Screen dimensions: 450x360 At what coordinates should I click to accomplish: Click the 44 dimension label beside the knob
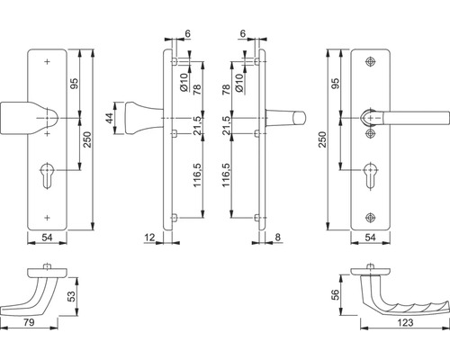pyautogui.click(x=110, y=118)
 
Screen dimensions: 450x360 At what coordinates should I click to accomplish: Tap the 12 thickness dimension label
pyautogui.click(x=149, y=238)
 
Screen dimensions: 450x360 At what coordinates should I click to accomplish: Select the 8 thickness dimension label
pyautogui.click(x=277, y=238)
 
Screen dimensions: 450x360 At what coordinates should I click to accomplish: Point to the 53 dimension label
pyautogui.click(x=72, y=296)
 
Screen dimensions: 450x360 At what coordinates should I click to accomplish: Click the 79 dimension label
pyautogui.click(x=29, y=322)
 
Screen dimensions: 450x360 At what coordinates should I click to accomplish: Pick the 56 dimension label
pyautogui.click(x=336, y=294)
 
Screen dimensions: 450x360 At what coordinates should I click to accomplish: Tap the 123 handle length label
pyautogui.click(x=405, y=322)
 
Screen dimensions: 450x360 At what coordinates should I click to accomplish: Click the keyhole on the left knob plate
pyautogui.click(x=47, y=175)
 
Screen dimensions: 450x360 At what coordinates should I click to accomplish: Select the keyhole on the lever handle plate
pyautogui.click(x=371, y=175)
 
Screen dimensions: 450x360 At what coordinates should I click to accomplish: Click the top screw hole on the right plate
pyautogui.click(x=371, y=61)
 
